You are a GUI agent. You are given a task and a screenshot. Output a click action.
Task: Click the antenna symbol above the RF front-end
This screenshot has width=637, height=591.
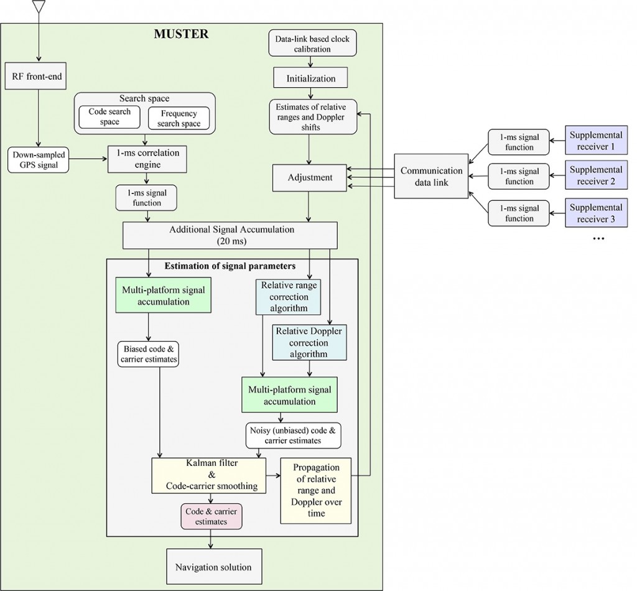pos(39,6)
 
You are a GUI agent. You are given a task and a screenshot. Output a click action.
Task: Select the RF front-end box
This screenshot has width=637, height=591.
pos(39,78)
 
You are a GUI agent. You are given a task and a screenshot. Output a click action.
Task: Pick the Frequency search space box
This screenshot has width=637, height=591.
pos(179,118)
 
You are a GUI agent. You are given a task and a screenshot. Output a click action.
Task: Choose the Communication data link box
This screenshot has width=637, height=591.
pos(431,177)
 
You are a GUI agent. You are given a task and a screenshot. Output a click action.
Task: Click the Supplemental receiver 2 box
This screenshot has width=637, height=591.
pos(596,176)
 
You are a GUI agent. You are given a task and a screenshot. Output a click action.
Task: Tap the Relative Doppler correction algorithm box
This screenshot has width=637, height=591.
pos(309,342)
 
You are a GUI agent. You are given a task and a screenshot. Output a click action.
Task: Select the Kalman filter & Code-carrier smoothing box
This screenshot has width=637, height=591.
pos(209,475)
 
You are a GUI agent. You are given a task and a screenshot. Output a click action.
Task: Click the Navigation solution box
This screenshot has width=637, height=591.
pos(213,567)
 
